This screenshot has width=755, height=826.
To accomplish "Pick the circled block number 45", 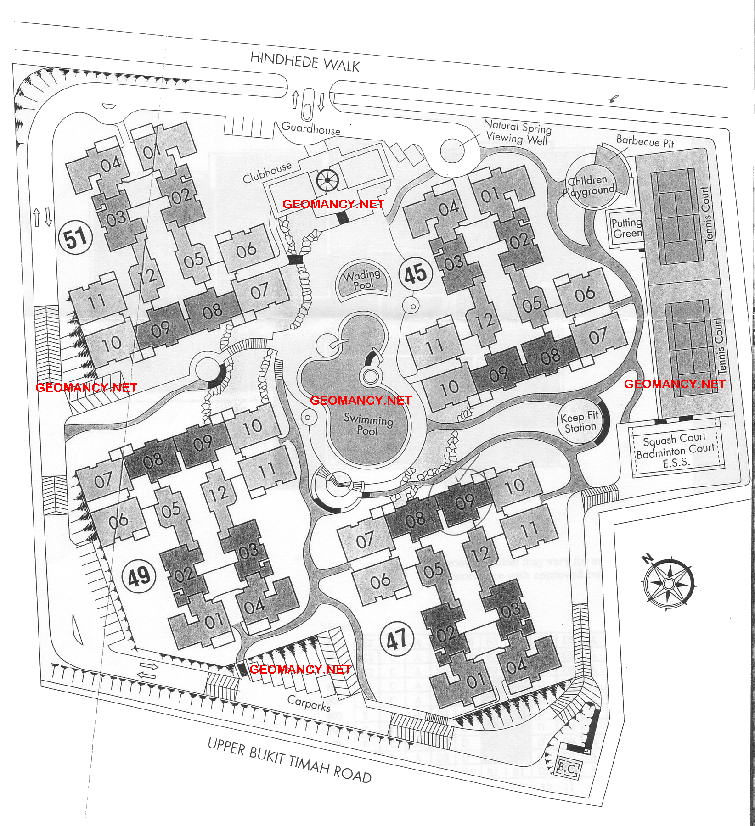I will [x=416, y=274].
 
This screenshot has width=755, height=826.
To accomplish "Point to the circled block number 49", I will [x=139, y=576].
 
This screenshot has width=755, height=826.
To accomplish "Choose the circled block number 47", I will [x=397, y=639].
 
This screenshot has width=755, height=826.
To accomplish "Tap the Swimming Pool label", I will [x=368, y=424].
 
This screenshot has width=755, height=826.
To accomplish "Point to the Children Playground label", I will [x=589, y=185].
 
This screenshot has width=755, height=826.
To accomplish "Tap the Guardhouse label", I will [x=311, y=128].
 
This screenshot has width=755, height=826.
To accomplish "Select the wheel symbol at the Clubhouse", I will [x=328, y=180].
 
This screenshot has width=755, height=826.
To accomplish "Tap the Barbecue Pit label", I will [x=645, y=142].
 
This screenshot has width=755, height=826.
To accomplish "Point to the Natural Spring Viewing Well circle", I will [x=453, y=151].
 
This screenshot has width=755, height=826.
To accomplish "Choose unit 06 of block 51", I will [x=246, y=251].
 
